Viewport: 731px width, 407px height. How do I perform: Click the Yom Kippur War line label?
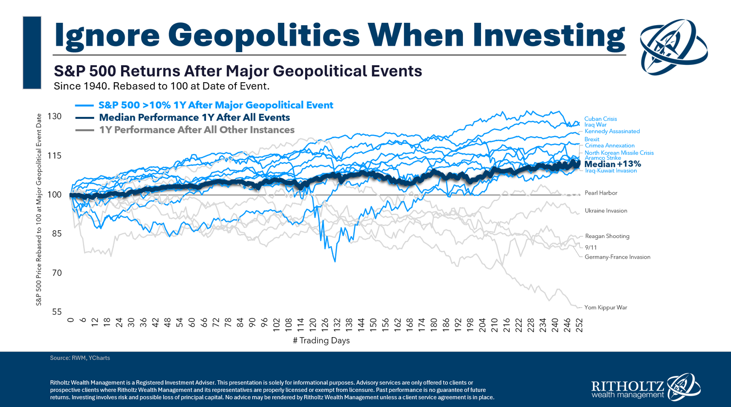coord(605,307)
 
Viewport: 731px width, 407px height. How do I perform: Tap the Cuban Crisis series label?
coord(600,119)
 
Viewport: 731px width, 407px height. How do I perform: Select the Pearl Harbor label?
coord(601,193)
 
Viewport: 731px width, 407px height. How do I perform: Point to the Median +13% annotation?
coord(613,164)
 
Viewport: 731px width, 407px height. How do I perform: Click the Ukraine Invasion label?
coord(606,211)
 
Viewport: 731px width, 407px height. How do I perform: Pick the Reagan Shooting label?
coord(607,236)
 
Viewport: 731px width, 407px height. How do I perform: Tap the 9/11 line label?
coord(591,248)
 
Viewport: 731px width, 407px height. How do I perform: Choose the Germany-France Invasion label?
coord(617,257)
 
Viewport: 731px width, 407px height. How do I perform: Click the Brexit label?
coord(592,139)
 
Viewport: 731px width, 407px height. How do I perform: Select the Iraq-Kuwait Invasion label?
coord(611,171)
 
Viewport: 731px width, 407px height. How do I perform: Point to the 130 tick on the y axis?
coord(54,116)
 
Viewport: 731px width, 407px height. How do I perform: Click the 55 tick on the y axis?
coord(56,312)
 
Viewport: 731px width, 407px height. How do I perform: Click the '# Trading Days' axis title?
coord(321,340)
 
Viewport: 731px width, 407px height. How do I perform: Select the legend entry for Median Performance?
coord(194,117)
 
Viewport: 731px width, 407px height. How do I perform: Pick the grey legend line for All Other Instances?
coord(85,130)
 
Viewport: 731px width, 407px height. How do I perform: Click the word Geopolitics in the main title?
coord(264,35)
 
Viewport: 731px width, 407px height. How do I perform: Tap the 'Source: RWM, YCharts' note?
coord(80,358)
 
